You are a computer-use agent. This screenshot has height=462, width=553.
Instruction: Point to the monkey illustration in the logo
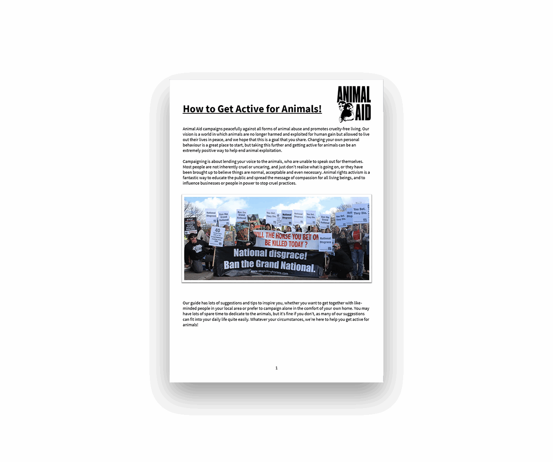[x=346, y=112]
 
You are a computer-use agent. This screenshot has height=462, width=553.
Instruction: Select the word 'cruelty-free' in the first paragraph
[x=341, y=129]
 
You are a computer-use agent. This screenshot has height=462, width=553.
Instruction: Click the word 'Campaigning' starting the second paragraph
[x=195, y=162]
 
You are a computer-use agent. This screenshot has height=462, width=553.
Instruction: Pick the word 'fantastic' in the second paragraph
[x=190, y=178]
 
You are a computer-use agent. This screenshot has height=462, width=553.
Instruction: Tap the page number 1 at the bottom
[x=276, y=368]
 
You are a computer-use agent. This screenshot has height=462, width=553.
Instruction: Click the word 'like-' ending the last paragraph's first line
[x=358, y=303]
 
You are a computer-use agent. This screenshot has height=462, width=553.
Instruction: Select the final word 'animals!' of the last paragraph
[x=190, y=325]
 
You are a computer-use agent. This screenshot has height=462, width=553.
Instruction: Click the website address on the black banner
[x=269, y=272]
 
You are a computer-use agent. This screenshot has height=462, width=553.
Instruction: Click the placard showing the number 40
[x=217, y=235]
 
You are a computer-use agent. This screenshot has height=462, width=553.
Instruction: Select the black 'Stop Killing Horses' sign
[x=190, y=225]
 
